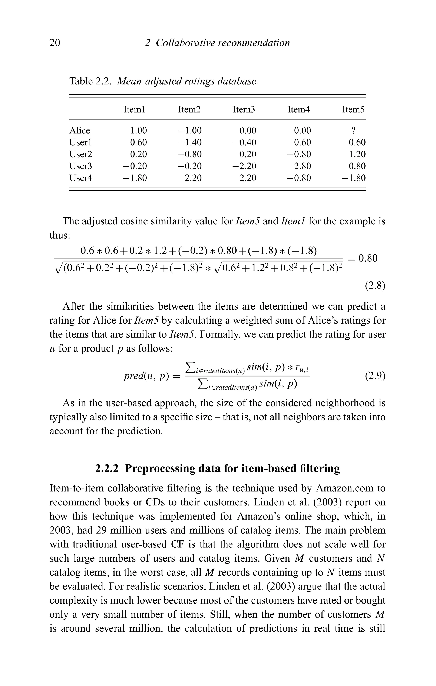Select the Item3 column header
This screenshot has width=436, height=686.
coord(244,109)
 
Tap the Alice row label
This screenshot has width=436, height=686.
coord(80,130)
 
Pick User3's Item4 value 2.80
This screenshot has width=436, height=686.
coord(302,166)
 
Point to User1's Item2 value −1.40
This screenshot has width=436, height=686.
coord(189,142)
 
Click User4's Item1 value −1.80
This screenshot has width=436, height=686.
coord(135,178)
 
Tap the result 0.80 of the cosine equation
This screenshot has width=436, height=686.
coord(368,258)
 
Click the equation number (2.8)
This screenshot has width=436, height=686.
coord(375,285)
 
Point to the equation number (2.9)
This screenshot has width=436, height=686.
coord(375,376)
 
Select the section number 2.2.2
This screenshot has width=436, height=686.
coord(107,468)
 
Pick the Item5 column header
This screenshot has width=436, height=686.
coord(353,109)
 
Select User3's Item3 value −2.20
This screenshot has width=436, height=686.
coord(244,166)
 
